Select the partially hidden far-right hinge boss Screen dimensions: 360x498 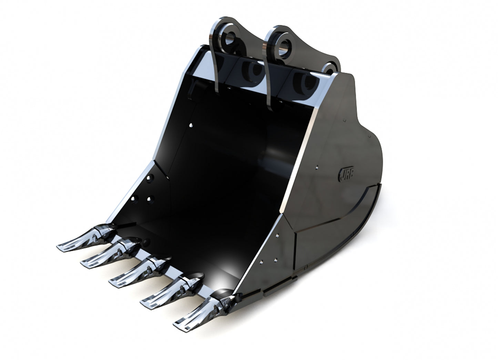(x=331, y=68)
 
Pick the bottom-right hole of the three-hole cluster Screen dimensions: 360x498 (x=149, y=199)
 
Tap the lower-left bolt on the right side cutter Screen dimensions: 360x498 (x=263, y=261)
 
